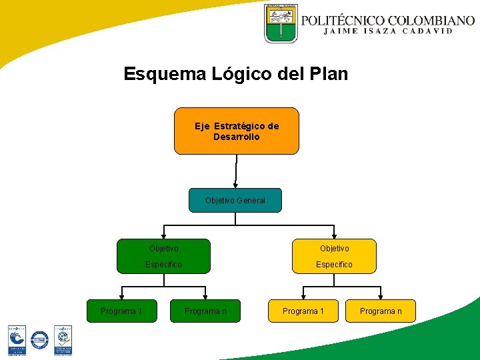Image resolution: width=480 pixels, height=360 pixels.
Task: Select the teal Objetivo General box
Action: click(235, 200)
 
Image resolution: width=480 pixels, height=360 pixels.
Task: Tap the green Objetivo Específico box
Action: click(163, 257)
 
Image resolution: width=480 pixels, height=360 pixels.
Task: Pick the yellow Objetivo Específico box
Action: click(334, 257)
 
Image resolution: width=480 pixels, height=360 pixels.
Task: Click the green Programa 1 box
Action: click(121, 311)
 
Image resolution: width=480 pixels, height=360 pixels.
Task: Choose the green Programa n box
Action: click(205, 311)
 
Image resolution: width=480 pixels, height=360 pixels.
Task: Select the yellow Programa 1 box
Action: click(303, 311)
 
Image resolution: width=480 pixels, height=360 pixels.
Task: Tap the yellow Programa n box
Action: click(381, 311)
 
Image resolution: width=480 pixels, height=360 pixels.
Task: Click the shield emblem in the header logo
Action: click(281, 23)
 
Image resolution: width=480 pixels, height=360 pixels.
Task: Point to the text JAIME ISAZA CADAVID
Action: click(388, 31)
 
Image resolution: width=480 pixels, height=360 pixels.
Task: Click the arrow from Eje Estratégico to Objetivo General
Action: click(235, 171)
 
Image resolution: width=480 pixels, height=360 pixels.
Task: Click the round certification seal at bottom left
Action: click(40, 340)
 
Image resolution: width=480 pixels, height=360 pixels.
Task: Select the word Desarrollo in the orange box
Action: click(237, 137)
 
